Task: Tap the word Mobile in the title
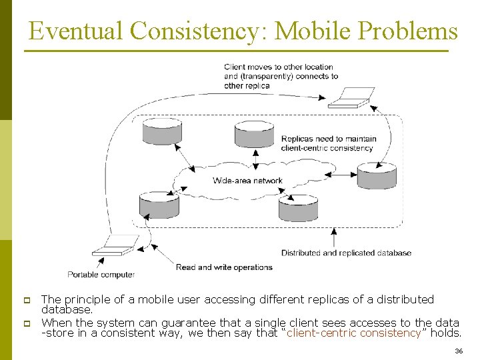[x=312, y=31]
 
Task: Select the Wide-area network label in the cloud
[x=247, y=181]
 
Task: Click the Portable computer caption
[x=101, y=275]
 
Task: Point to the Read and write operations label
[x=224, y=267]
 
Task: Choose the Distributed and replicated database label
[x=346, y=253]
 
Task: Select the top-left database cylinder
[x=162, y=131]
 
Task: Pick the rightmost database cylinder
[x=377, y=175]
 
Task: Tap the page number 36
[x=458, y=351]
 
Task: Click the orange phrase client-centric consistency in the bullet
[x=354, y=333]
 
